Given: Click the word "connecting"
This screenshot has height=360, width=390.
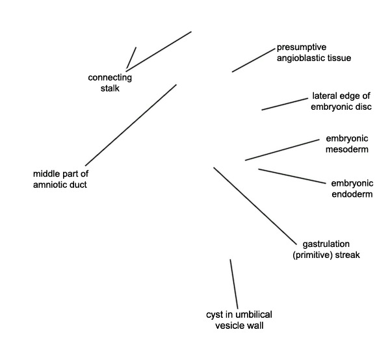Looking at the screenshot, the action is pos(110,78).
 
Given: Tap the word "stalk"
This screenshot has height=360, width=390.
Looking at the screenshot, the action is pos(110,88).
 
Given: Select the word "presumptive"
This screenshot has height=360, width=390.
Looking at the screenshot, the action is pos(302,47).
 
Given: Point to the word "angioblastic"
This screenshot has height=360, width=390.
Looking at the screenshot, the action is pos(300,58).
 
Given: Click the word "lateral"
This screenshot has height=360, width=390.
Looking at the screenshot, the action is pos(324,96).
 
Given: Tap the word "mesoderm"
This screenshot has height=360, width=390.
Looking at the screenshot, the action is pos(347,149).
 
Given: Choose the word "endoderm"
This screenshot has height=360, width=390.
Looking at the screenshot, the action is pos(352,194).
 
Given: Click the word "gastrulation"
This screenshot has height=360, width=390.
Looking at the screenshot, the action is pos(326,244).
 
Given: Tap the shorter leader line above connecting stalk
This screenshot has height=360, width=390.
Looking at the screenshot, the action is pos(131,57).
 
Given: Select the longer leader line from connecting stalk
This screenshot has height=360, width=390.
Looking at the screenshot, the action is pos(159,51).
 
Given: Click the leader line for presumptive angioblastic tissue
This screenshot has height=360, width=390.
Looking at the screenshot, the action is pos(253,60).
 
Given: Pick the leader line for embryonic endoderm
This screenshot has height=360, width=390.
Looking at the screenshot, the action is pos(292,176).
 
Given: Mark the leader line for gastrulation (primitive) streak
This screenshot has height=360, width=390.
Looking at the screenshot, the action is pos(255,205).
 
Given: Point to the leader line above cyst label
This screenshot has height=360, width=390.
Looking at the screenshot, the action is pos(234,284).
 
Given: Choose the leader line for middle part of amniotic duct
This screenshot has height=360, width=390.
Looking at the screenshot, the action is pos(131,125).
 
